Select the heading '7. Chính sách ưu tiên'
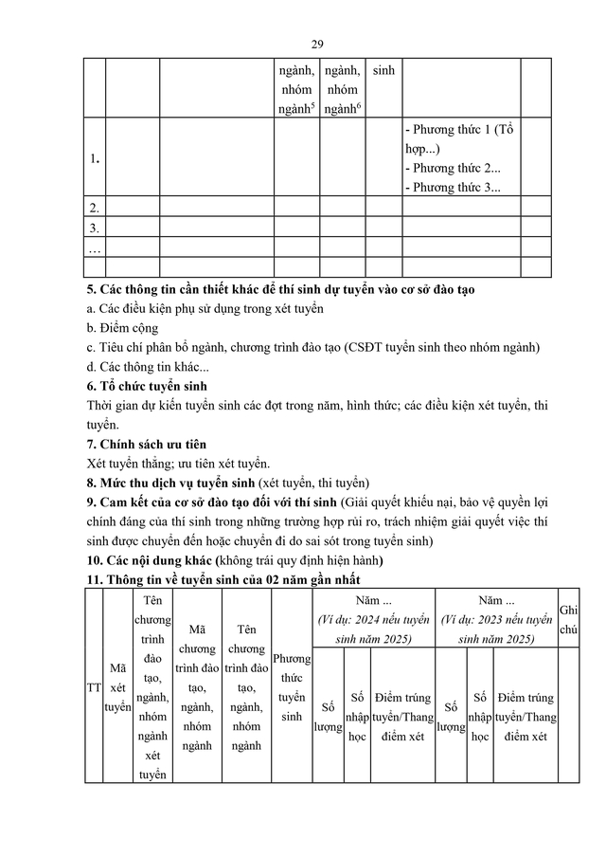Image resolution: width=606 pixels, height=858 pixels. point(146,444)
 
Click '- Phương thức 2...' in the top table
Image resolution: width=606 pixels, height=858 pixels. point(452,168)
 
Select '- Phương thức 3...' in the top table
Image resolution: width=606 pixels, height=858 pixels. point(452,187)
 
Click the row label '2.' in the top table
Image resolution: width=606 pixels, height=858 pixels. point(94,208)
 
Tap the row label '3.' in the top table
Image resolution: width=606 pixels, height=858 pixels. point(94,228)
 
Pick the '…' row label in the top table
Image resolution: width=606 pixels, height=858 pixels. point(94,247)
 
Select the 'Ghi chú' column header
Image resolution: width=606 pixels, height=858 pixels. point(569,619)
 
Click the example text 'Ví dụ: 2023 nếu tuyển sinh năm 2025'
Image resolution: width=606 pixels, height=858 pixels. point(496,629)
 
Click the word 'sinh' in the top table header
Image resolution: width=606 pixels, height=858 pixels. point(383,70)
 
